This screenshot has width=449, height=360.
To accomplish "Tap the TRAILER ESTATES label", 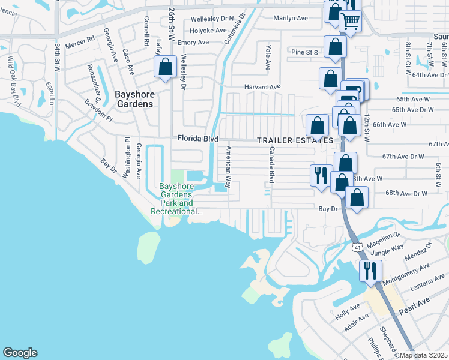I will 295,140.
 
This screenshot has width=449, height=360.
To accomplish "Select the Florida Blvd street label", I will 197,139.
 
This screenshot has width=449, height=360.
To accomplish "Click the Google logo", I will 20,353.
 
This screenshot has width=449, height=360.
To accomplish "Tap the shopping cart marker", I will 350,22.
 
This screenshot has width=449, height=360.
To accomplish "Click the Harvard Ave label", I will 262,87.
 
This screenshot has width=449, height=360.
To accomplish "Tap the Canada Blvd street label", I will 271,164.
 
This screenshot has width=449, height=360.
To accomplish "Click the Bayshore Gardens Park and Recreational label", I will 176,199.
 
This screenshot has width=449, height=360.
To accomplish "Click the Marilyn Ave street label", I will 291,18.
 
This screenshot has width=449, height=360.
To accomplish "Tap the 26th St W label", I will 172,24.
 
